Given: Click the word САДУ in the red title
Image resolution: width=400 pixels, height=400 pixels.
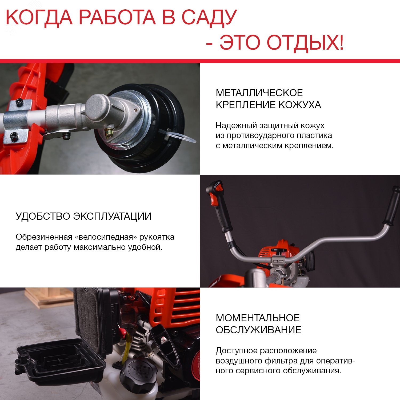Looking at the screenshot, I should tap(209, 18).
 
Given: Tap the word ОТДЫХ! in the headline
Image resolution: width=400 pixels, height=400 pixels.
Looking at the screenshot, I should tap(305, 43).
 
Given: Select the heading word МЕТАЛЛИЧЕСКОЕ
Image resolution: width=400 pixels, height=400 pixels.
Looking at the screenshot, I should tap(259, 93).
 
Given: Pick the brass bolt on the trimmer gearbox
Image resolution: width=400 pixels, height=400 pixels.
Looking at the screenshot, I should tap(109, 132).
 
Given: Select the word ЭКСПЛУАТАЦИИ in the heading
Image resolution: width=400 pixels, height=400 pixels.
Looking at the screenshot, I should tap(112, 216).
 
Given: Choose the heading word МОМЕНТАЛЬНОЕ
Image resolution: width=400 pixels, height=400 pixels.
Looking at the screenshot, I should tap(258, 318).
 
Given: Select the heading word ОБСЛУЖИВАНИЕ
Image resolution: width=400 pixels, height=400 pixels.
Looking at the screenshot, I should tap(258, 330).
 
